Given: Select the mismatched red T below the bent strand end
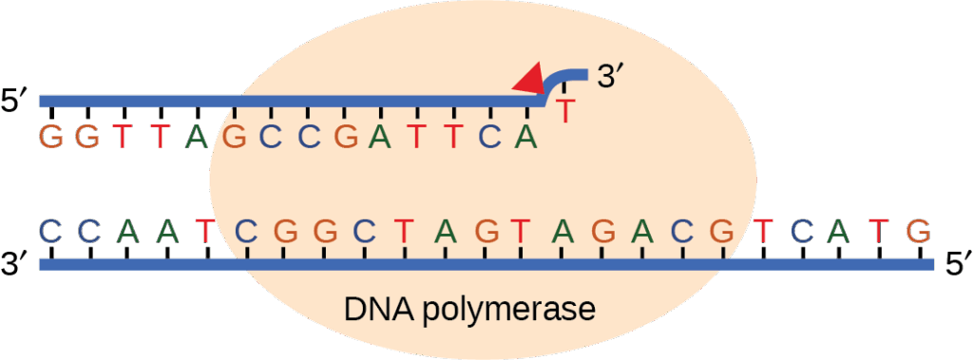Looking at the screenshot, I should (x=566, y=111).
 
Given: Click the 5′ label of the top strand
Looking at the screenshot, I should (x=16, y=101).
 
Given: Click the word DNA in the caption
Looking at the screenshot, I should (x=376, y=311).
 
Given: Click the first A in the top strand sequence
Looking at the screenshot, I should (x=196, y=138).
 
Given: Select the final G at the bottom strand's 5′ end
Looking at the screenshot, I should (x=917, y=230).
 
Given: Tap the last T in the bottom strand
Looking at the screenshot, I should (x=881, y=230).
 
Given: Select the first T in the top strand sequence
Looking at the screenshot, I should (x=123, y=138).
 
